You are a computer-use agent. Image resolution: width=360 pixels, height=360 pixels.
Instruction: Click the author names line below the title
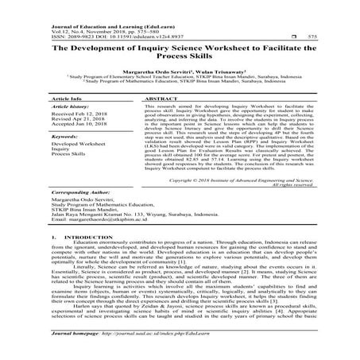tap(180, 69)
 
